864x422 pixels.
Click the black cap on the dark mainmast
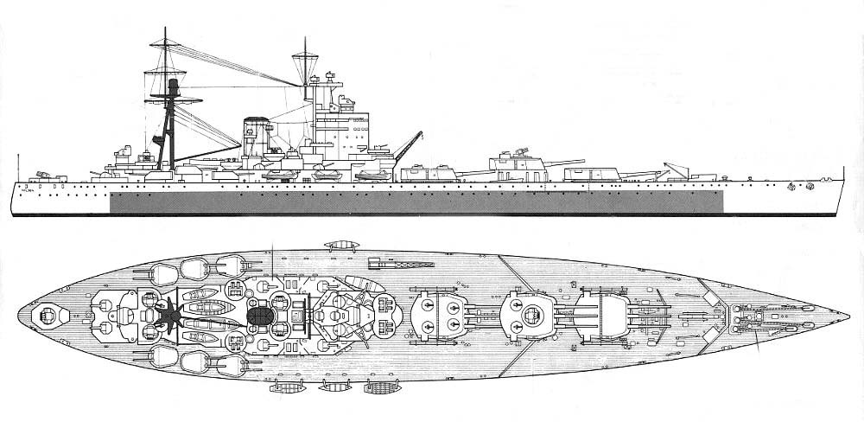pyautogui.click(x=173, y=85)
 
